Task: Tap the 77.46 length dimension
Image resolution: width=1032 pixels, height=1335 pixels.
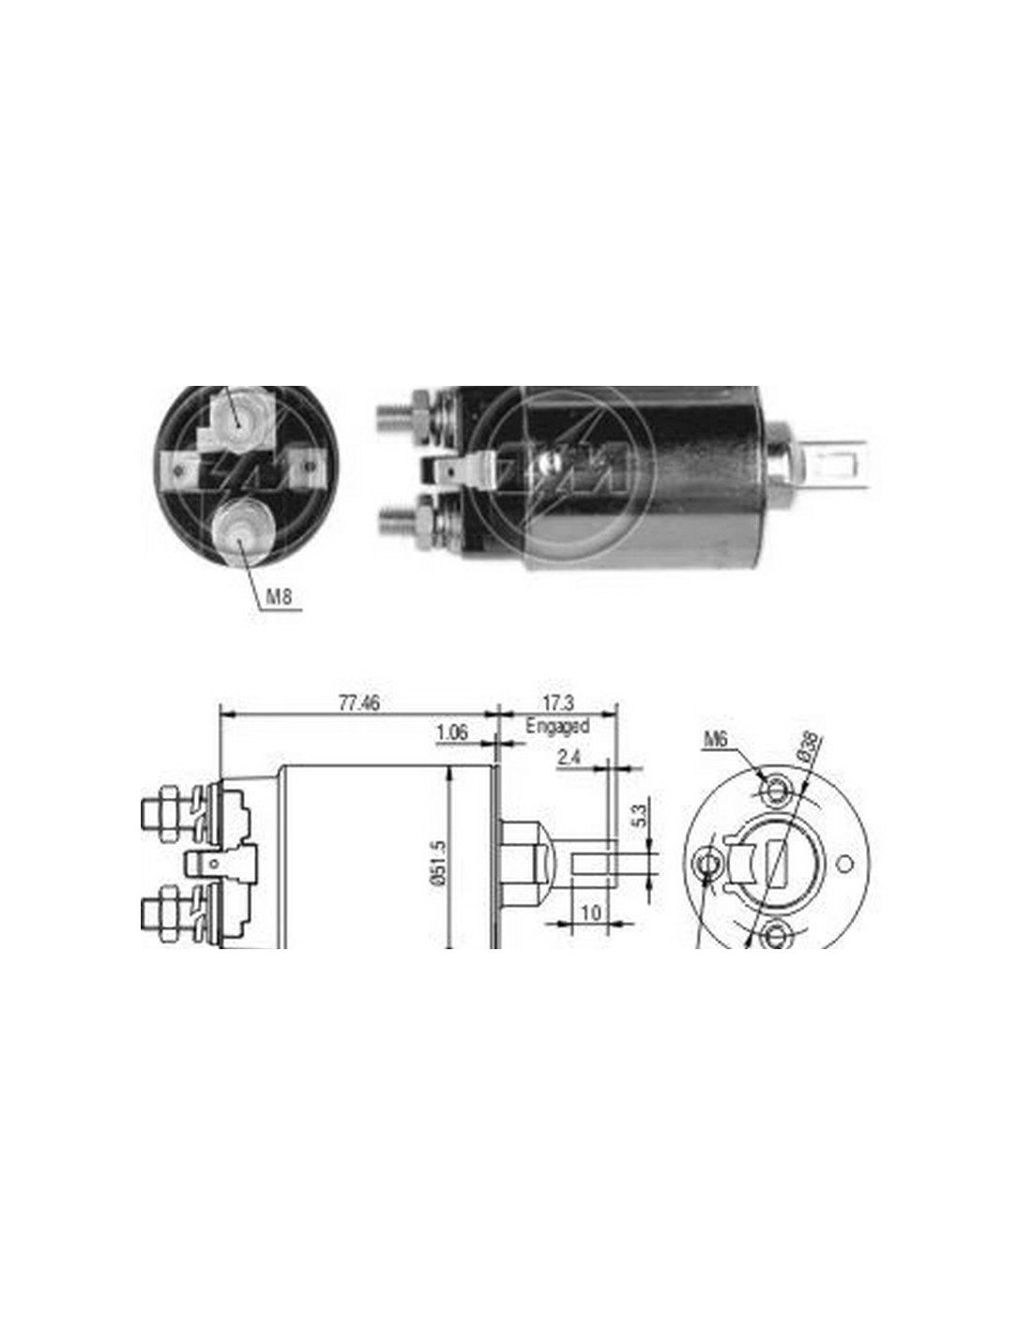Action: click(x=359, y=702)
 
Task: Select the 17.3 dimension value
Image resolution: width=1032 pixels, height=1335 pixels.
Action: click(x=558, y=702)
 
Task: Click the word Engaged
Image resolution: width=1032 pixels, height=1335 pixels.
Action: click(x=557, y=726)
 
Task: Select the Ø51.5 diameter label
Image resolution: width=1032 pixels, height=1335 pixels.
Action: click(x=440, y=862)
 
